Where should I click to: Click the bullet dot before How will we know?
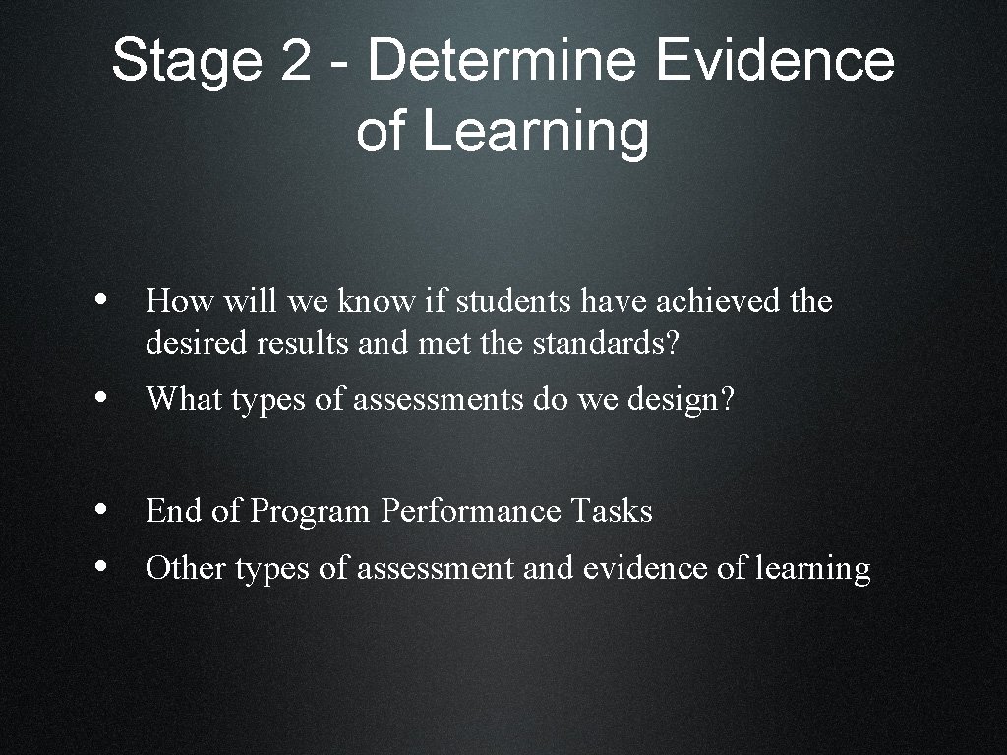click(103, 301)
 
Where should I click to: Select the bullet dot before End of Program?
click(103, 511)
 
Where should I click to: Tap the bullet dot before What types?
click(103, 399)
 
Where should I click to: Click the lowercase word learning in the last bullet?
click(812, 569)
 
